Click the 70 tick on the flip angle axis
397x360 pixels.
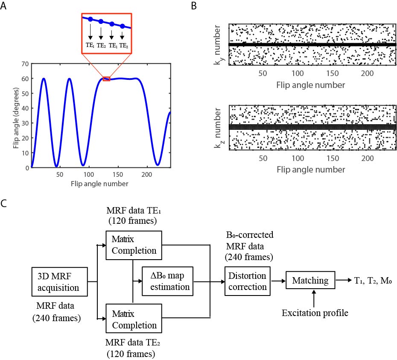click(x=24, y=64)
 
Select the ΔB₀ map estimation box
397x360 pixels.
click(x=168, y=281)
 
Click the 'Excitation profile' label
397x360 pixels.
click(x=315, y=313)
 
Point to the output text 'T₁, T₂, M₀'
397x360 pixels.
click(x=372, y=280)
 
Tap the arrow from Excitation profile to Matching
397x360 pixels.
click(x=315, y=298)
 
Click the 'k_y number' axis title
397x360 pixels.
click(x=219, y=46)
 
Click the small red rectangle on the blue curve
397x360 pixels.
click(x=106, y=79)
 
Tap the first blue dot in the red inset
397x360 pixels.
click(x=90, y=19)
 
